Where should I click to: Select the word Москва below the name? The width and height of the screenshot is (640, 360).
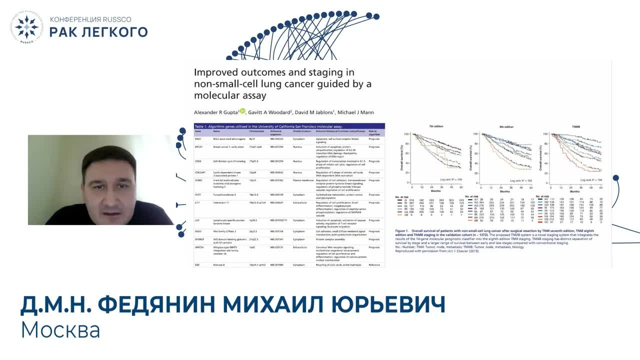(x=60, y=329)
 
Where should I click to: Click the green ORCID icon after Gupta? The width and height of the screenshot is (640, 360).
(x=242, y=111)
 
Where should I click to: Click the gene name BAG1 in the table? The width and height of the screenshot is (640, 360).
(x=198, y=139)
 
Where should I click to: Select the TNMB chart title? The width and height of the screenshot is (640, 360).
(x=575, y=127)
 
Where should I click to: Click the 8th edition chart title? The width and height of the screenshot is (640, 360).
(x=505, y=127)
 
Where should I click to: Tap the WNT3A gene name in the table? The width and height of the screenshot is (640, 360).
(x=200, y=247)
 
